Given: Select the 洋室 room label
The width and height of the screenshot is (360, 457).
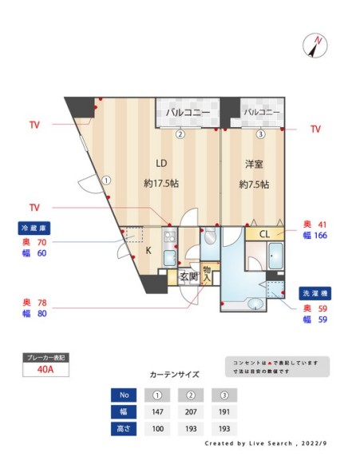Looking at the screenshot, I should (254, 165).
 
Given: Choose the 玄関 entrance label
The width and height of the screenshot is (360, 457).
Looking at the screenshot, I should (188, 276).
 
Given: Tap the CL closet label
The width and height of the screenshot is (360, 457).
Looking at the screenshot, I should (264, 234).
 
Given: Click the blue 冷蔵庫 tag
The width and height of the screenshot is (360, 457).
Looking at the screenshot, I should (35, 228).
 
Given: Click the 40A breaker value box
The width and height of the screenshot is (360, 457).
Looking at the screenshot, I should (46, 370).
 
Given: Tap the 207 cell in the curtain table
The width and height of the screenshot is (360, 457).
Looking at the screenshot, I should (192, 412).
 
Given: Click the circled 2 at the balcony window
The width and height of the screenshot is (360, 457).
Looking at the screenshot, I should (180, 133).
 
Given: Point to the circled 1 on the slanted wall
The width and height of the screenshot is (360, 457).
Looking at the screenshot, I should (105, 180).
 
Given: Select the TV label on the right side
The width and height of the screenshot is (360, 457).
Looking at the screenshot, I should (315, 129).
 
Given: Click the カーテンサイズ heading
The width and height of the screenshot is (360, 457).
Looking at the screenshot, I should (174, 374).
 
